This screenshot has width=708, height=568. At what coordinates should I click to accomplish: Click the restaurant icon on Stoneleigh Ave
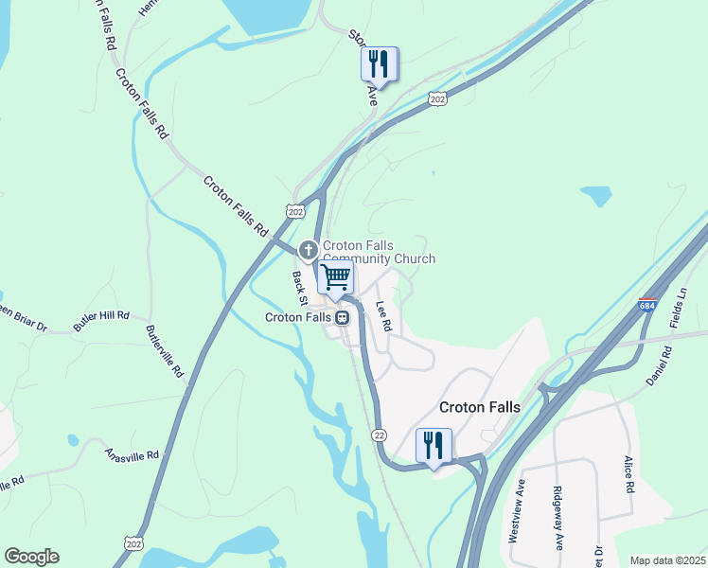(x=379, y=63)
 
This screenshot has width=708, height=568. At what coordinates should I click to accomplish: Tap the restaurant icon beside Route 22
(x=434, y=444)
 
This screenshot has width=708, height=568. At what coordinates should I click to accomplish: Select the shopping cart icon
(x=335, y=276)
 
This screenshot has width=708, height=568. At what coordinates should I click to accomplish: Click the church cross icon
(x=308, y=250)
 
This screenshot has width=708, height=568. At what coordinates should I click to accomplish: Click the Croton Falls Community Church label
(x=380, y=253)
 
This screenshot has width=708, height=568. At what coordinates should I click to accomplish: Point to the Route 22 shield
(x=380, y=435)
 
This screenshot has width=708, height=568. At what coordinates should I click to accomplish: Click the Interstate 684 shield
(x=647, y=306)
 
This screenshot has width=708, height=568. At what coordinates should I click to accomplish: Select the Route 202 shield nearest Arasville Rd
(x=133, y=542)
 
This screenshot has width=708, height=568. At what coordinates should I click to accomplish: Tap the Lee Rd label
(x=383, y=315)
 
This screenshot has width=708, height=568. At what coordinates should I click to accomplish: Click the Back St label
(x=300, y=288)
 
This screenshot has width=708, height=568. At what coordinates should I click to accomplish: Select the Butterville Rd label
(x=165, y=352)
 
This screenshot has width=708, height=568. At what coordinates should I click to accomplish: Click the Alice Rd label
(x=628, y=474)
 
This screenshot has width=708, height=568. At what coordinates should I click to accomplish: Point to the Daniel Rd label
(x=665, y=364)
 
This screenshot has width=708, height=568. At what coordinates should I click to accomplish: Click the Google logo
(x=31, y=557)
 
